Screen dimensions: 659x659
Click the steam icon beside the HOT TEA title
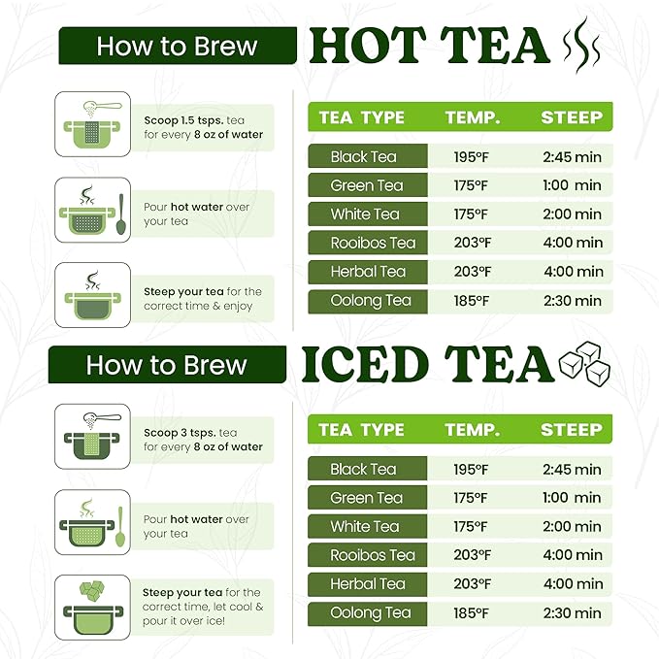(x=581, y=46)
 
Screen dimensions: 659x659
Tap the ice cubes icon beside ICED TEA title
(x=584, y=364)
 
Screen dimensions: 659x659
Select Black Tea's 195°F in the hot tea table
(x=471, y=157)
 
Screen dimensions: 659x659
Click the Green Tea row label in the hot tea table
(x=367, y=185)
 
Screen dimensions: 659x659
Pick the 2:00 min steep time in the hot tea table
(x=572, y=214)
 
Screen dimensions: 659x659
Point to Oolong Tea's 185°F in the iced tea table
(x=471, y=613)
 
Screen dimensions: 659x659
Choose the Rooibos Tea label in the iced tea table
(x=373, y=555)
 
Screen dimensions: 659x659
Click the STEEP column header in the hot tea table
(x=572, y=117)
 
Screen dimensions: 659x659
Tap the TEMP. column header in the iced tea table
(x=473, y=430)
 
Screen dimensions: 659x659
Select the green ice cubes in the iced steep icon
(x=92, y=590)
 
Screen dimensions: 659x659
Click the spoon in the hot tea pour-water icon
(x=121, y=214)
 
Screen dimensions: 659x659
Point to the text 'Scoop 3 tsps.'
(x=180, y=433)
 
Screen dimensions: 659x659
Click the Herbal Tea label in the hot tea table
(x=368, y=272)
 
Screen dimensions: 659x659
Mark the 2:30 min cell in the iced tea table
(x=572, y=613)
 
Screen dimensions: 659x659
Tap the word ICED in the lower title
(x=365, y=364)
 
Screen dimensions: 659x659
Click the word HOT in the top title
(x=367, y=46)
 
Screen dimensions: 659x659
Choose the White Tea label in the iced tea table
(x=365, y=526)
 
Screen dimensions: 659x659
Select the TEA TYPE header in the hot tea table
(x=361, y=117)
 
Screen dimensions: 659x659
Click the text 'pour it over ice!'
(x=183, y=621)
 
